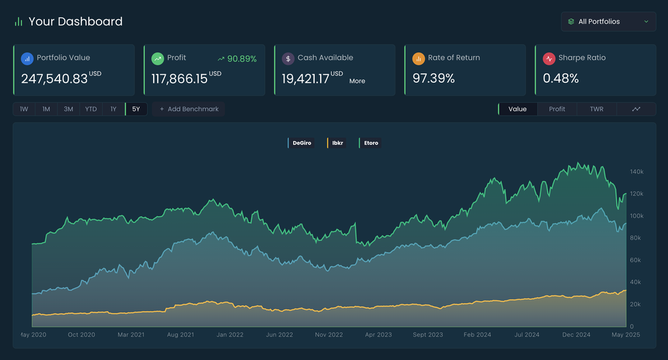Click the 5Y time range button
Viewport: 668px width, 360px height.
(136, 109)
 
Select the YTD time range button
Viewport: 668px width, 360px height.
(91, 109)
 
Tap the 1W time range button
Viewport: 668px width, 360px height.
(24, 109)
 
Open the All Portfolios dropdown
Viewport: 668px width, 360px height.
(608, 21)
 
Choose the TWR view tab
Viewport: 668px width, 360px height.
(596, 109)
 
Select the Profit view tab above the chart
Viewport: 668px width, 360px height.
(556, 109)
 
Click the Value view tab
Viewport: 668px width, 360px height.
(517, 109)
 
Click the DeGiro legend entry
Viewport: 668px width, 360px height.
(301, 143)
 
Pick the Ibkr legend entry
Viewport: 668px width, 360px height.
(337, 143)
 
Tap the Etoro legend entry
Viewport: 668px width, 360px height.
(370, 143)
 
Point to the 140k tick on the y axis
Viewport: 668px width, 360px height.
(636, 172)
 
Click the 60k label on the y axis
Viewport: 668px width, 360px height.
(636, 260)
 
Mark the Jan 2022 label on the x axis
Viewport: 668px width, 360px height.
(230, 335)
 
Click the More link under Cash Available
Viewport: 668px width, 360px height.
(357, 81)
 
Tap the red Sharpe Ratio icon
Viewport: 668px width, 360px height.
(549, 58)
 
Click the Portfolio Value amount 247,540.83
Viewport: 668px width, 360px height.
(54, 79)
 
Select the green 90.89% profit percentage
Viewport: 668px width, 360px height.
(242, 59)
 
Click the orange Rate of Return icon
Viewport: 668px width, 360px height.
(419, 58)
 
